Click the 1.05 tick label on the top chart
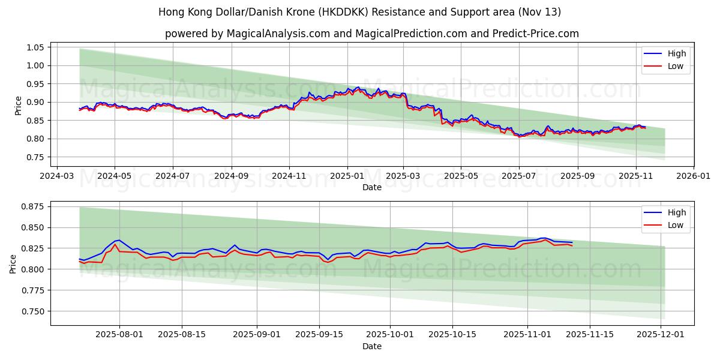[x=35, y=47]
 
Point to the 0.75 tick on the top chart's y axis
[x=35, y=157]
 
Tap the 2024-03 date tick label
[x=56, y=176]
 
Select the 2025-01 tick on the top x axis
[x=347, y=176]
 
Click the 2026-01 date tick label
[x=694, y=176]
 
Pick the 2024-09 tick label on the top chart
[x=231, y=176]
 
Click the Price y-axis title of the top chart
[x=18, y=105]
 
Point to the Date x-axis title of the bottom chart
[x=372, y=347]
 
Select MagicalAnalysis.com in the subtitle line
[x=278, y=34]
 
